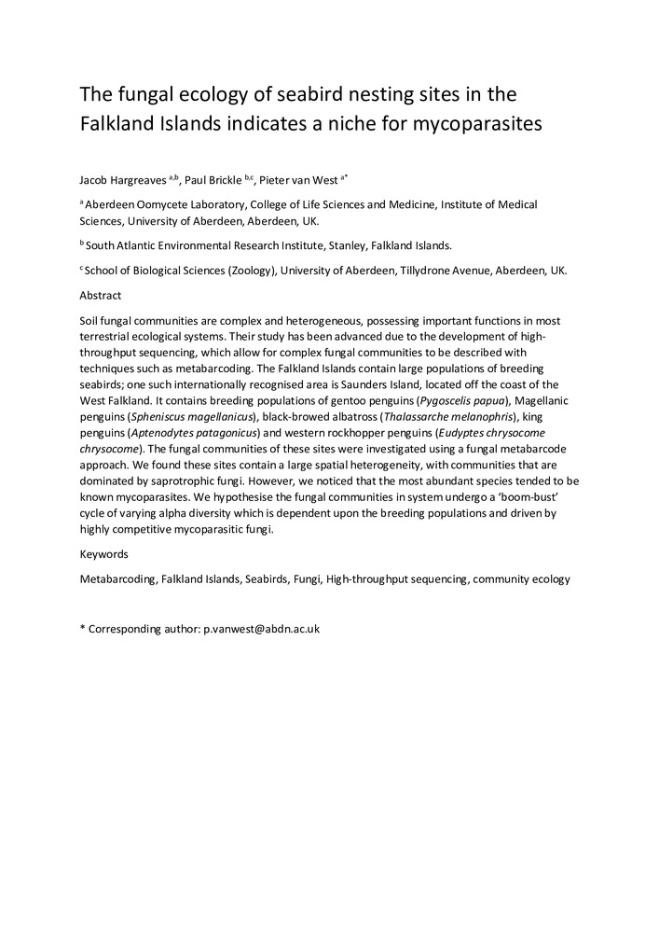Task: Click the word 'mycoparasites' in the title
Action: pyautogui.click(x=471, y=124)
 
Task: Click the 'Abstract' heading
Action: pyautogui.click(x=101, y=295)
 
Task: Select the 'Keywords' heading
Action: pyautogui.click(x=104, y=553)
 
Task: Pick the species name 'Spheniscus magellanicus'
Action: pyautogui.click(x=199, y=416)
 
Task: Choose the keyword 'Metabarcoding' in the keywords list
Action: pyautogui.click(x=117, y=578)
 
